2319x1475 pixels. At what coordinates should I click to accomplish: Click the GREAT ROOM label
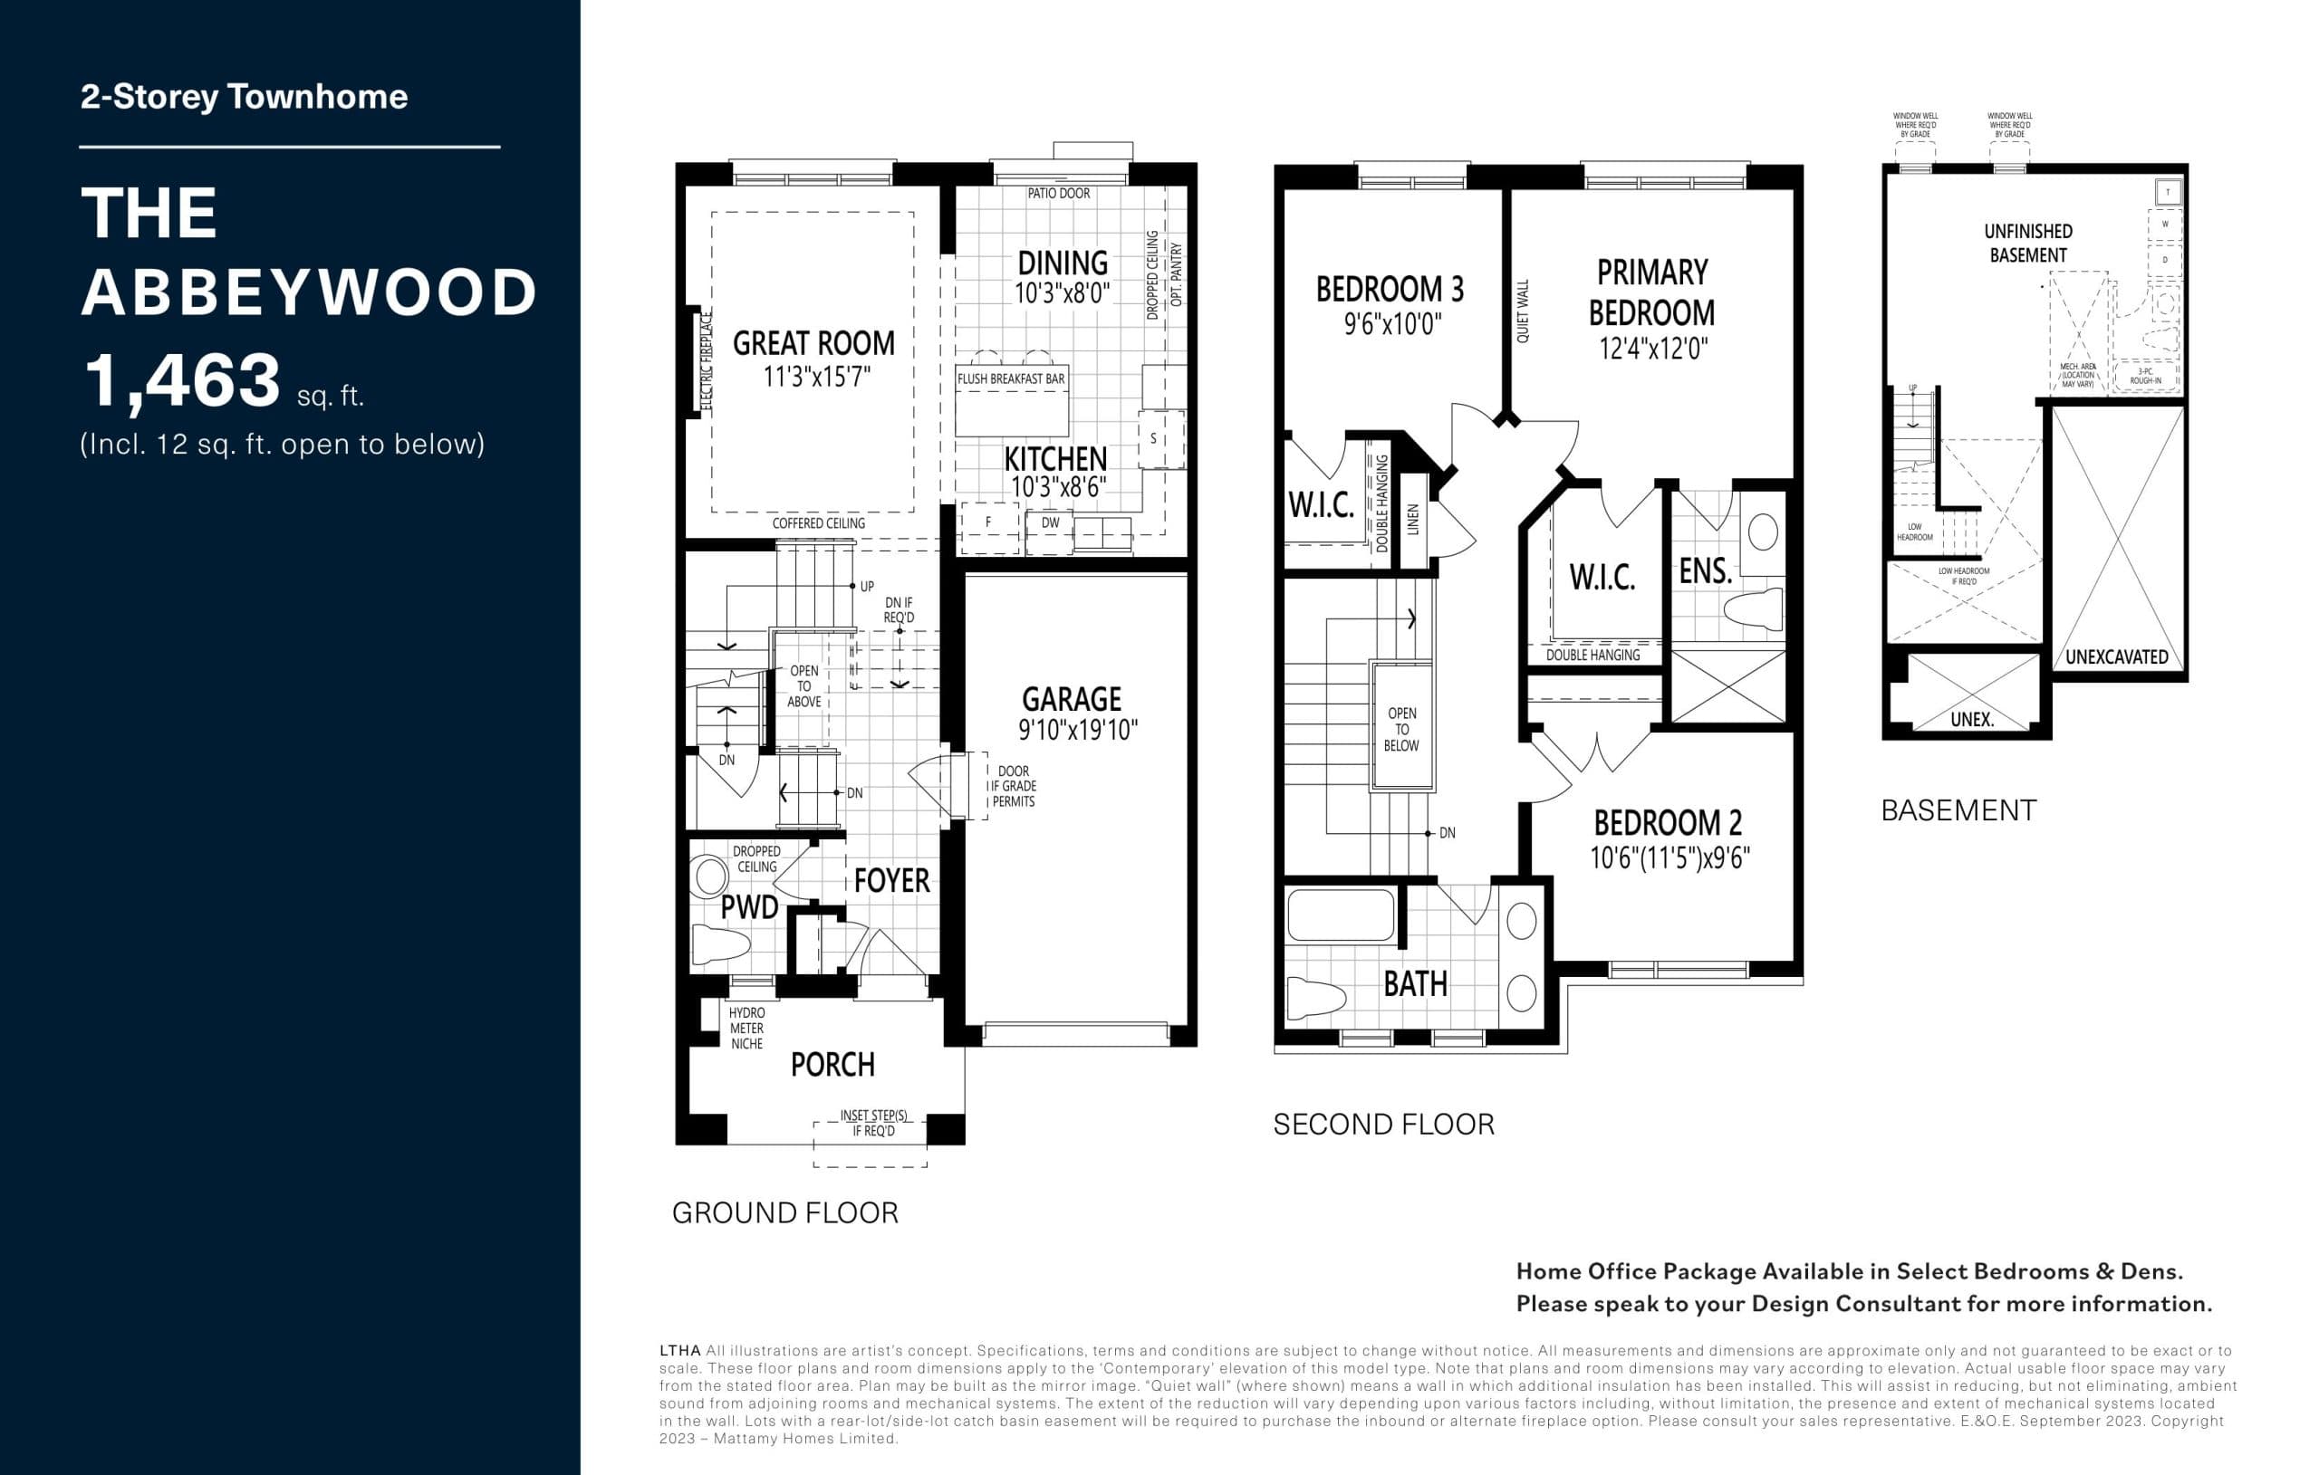pyautogui.click(x=813, y=344)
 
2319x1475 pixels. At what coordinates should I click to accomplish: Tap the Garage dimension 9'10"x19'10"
pyautogui.click(x=1078, y=730)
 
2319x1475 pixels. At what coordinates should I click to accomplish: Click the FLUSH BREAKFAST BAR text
pyautogui.click(x=1010, y=379)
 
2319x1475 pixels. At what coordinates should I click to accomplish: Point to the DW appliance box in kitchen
pyautogui.click(x=1050, y=523)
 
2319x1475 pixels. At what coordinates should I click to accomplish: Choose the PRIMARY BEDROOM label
pyautogui.click(x=1650, y=292)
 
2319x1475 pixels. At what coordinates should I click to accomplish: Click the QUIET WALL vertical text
pyautogui.click(x=1523, y=311)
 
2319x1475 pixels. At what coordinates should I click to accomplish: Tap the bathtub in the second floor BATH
pyautogui.click(x=1340, y=915)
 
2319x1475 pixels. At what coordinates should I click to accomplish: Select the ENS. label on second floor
pyautogui.click(x=1705, y=572)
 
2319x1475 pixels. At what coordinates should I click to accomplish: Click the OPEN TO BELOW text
pyautogui.click(x=1401, y=729)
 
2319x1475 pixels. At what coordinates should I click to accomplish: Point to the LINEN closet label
pyautogui.click(x=1413, y=519)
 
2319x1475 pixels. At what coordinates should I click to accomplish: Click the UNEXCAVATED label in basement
pyautogui.click(x=2116, y=657)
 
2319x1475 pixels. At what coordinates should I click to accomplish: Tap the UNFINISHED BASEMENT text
pyautogui.click(x=2027, y=244)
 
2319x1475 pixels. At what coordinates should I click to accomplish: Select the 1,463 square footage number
pyautogui.click(x=183, y=381)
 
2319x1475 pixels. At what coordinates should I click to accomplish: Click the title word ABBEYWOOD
pyautogui.click(x=308, y=292)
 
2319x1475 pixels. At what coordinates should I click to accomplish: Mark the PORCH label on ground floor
pyautogui.click(x=832, y=1065)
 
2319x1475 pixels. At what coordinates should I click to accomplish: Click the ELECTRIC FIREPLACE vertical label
pyautogui.click(x=706, y=361)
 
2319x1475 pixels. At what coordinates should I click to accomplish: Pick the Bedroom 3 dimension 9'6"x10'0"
pyautogui.click(x=1391, y=324)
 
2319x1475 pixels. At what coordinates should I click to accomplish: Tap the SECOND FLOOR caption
pyautogui.click(x=1383, y=1125)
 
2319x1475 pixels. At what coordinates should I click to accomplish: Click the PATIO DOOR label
pyautogui.click(x=1058, y=194)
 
